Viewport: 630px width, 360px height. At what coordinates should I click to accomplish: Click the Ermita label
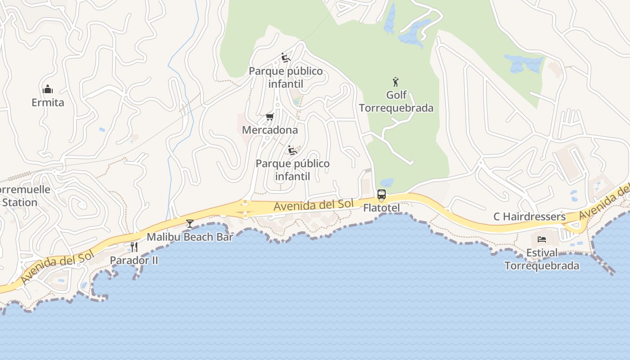coord(48,103)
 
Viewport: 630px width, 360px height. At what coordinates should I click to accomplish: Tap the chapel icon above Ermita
coord(48,89)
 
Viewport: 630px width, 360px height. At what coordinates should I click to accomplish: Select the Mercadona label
coord(270,130)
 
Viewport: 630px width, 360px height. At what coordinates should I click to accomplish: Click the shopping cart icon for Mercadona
coord(270,117)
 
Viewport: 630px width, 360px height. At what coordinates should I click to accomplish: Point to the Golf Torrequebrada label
coord(396,102)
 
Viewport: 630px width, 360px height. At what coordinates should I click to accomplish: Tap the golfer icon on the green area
coord(396,82)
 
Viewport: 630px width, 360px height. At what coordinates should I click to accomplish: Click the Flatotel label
coord(381,208)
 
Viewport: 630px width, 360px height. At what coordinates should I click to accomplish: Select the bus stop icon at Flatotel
coord(381,195)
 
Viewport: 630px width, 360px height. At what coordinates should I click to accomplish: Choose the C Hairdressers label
coord(529,216)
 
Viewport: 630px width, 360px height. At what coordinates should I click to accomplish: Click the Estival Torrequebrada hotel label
coord(542,259)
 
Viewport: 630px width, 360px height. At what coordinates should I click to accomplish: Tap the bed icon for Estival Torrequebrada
coord(542,239)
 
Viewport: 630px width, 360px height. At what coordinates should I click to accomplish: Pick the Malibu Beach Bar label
coord(190,237)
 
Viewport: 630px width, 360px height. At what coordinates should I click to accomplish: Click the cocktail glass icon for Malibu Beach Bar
coord(190,223)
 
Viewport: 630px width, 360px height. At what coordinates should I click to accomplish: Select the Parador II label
coord(134,260)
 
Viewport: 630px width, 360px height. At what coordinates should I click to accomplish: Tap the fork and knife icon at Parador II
coord(134,247)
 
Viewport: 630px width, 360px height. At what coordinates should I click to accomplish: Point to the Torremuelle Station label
coord(22,196)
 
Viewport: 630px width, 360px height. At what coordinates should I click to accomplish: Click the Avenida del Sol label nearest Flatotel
coord(314,205)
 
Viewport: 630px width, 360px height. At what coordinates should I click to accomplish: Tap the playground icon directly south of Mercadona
coord(292,150)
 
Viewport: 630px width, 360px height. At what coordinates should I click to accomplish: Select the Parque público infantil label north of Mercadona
coord(286,77)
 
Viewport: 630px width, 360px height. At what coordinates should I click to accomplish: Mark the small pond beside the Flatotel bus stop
coord(387,183)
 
